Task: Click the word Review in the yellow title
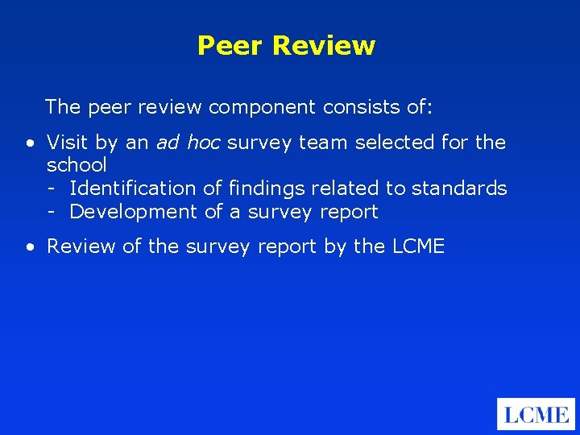click(323, 46)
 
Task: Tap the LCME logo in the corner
click(536, 414)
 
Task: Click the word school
click(77, 166)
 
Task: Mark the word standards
click(459, 189)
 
